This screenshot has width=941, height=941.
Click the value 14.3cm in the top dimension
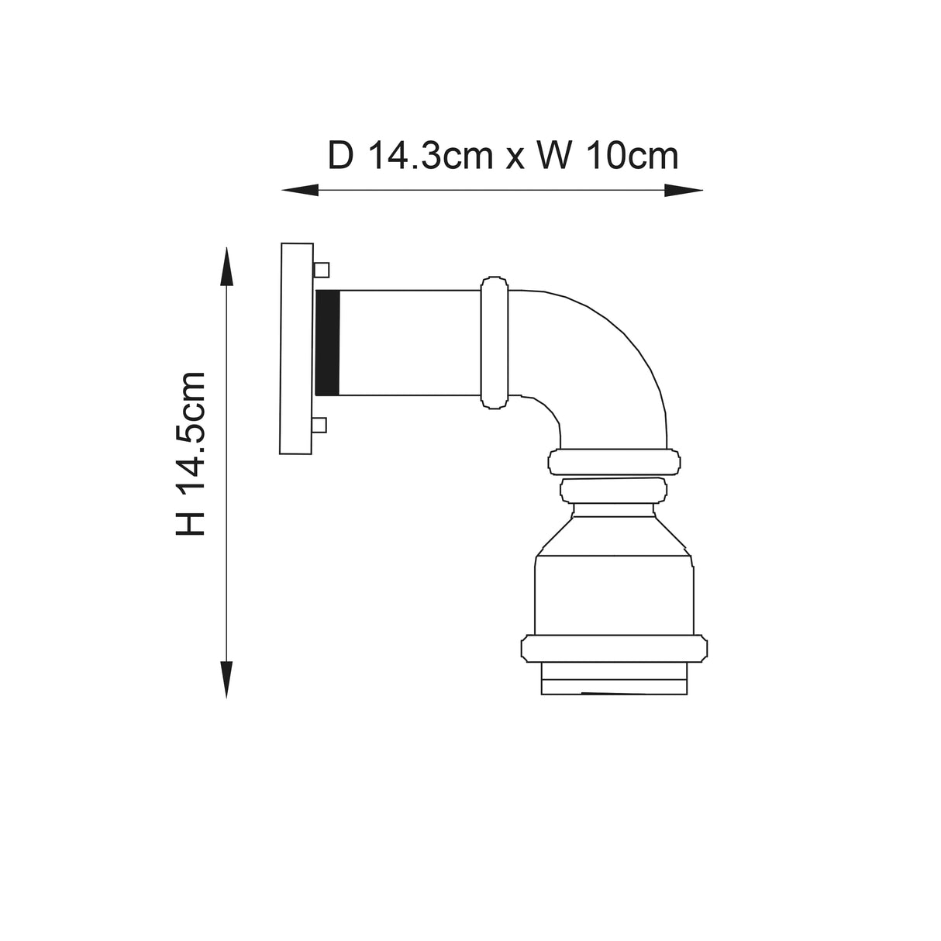(430, 156)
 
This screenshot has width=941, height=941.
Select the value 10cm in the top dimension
(633, 156)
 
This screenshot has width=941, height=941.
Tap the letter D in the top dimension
(340, 156)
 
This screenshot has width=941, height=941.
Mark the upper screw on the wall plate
(321, 270)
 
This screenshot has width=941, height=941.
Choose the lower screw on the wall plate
(320, 425)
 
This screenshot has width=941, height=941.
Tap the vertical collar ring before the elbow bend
(494, 342)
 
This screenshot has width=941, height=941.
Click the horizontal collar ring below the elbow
(614, 462)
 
